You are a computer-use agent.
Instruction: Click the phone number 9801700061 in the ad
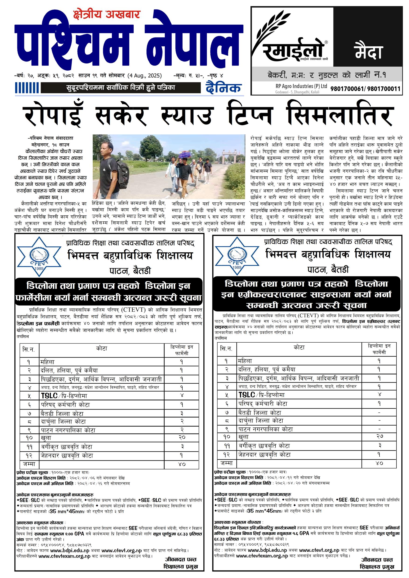[x=347, y=89]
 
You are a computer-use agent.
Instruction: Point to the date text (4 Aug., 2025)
[x=144, y=76]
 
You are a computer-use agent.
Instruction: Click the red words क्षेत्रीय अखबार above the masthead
[x=106, y=15]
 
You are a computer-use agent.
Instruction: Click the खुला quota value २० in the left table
[x=182, y=437]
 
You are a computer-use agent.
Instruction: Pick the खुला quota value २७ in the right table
[x=380, y=436]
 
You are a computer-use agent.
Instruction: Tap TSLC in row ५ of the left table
[x=49, y=396]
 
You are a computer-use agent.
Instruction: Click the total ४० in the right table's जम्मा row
[x=380, y=463]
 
